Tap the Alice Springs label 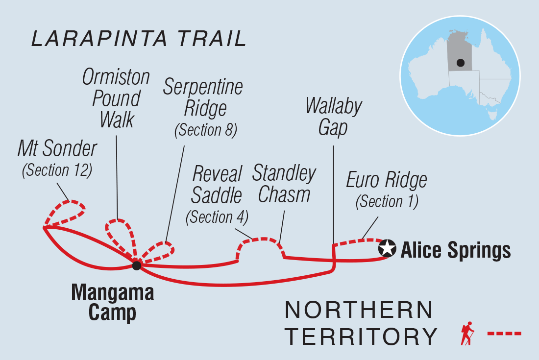point(456,250)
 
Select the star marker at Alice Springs point(387,248)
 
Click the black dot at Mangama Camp point(137,265)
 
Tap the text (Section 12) point(57,170)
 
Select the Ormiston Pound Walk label point(116,98)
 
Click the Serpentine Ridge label point(203,98)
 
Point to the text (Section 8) point(206,130)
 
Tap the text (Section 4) point(217,216)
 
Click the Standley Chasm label point(284,184)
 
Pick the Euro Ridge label point(387,180)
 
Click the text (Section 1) point(387,201)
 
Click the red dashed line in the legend point(504,334)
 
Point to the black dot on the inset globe point(460,63)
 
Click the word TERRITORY point(361,336)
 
